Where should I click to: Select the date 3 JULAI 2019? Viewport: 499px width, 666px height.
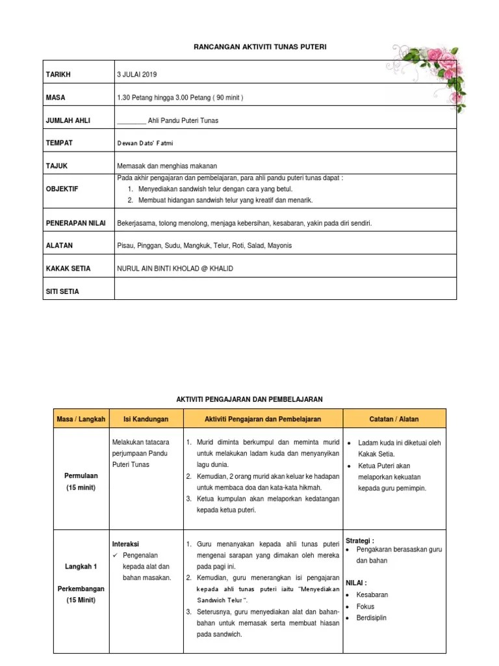click(137, 75)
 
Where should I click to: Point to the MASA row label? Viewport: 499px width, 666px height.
click(55, 98)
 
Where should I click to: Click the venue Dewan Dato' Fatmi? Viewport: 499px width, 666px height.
click(145, 142)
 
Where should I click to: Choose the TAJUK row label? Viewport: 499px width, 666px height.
click(56, 166)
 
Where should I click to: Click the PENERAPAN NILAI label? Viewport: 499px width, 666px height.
click(75, 223)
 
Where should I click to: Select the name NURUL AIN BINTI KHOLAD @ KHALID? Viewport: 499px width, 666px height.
click(174, 269)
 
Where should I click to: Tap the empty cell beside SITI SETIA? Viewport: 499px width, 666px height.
click(285, 291)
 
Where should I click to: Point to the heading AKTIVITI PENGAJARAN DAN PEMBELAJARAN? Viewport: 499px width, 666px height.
click(250, 399)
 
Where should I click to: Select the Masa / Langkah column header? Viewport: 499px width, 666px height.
click(81, 419)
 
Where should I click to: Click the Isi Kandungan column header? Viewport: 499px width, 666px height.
click(146, 419)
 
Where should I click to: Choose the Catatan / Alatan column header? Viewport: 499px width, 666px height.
click(394, 419)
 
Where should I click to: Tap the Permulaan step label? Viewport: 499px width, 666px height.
click(81, 475)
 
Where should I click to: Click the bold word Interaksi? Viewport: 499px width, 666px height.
click(126, 544)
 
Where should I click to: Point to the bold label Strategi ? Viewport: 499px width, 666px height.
click(359, 540)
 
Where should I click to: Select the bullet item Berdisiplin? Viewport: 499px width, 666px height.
click(371, 618)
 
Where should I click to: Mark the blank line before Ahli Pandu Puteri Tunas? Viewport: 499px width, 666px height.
click(131, 121)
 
